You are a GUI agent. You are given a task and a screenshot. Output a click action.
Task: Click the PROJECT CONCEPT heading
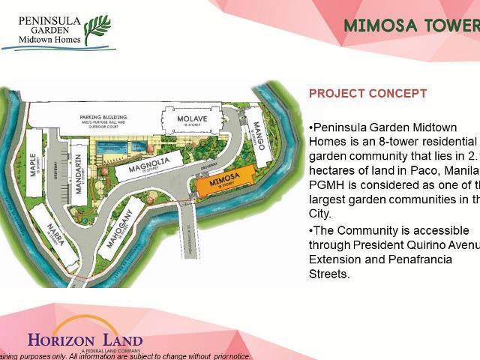(368, 94)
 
